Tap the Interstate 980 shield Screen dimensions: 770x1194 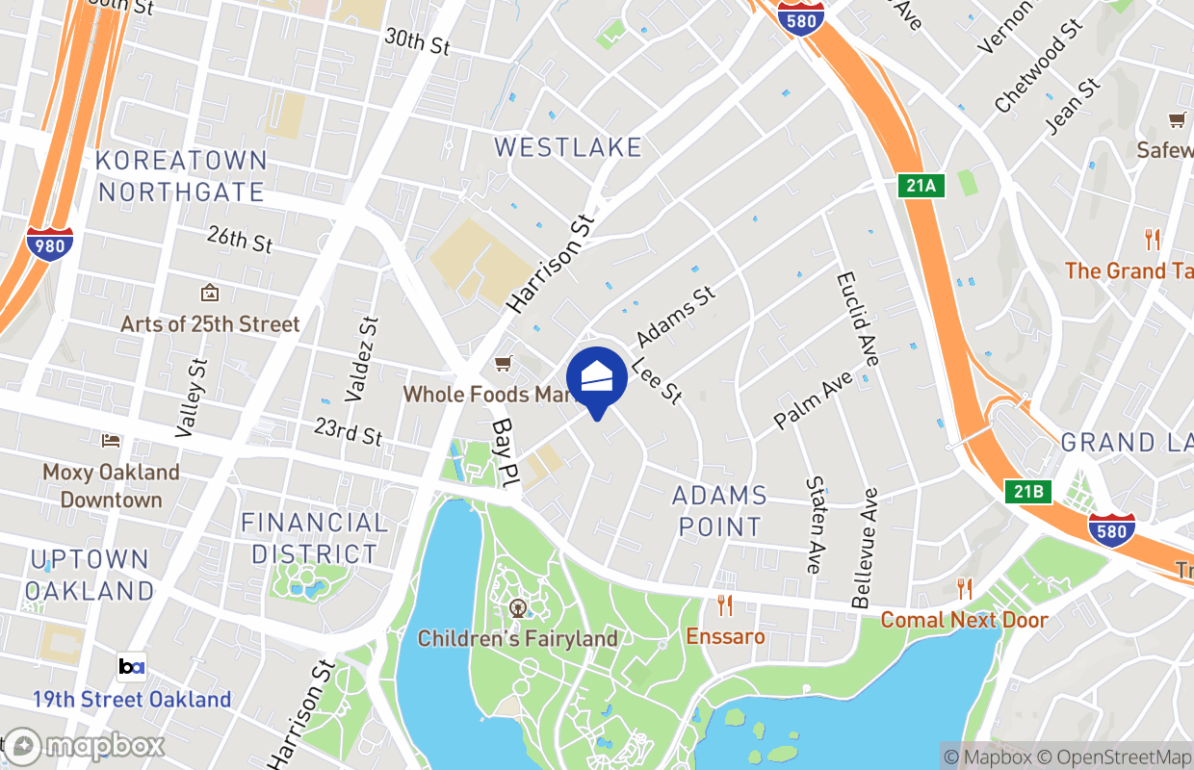click(x=49, y=243)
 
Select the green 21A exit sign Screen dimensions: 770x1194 click(x=921, y=186)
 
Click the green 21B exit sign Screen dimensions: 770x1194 click(x=1027, y=492)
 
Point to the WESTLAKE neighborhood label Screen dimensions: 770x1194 click(x=567, y=147)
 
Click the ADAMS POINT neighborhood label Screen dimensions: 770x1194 click(x=719, y=511)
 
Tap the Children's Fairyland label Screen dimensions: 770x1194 click(x=517, y=638)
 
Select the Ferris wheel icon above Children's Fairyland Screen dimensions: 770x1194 click(x=518, y=607)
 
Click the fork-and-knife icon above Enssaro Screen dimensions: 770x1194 click(x=724, y=605)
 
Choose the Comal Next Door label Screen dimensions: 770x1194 click(x=964, y=620)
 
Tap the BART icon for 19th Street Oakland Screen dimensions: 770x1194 click(x=132, y=666)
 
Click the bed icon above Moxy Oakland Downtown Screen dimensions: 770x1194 click(x=111, y=440)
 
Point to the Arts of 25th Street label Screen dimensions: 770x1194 click(x=210, y=324)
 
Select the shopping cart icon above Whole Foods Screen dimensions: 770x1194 click(x=502, y=363)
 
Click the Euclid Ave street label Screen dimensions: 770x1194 click(x=857, y=318)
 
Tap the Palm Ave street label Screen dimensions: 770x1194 click(x=814, y=399)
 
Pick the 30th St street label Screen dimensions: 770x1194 click(x=417, y=41)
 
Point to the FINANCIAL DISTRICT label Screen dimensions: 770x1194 click(x=314, y=538)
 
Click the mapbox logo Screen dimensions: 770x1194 click(x=85, y=746)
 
